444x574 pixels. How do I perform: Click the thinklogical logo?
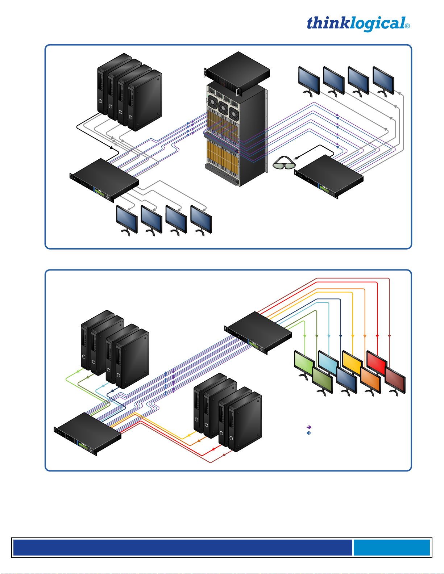point(356,24)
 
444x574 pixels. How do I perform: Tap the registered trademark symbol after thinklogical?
point(407,26)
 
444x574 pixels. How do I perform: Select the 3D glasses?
point(284,163)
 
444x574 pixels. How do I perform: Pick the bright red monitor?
point(376,362)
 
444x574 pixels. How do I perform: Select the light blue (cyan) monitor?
point(328,362)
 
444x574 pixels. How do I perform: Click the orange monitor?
point(370,380)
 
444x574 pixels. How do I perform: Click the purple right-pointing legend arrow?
point(309,427)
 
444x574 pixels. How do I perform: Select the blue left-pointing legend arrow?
point(309,433)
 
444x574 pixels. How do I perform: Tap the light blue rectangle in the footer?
point(391,547)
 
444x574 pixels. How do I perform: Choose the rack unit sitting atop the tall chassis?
point(237,72)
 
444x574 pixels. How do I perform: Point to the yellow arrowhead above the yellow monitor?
point(353,337)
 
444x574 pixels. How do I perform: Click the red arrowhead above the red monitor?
point(377,336)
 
